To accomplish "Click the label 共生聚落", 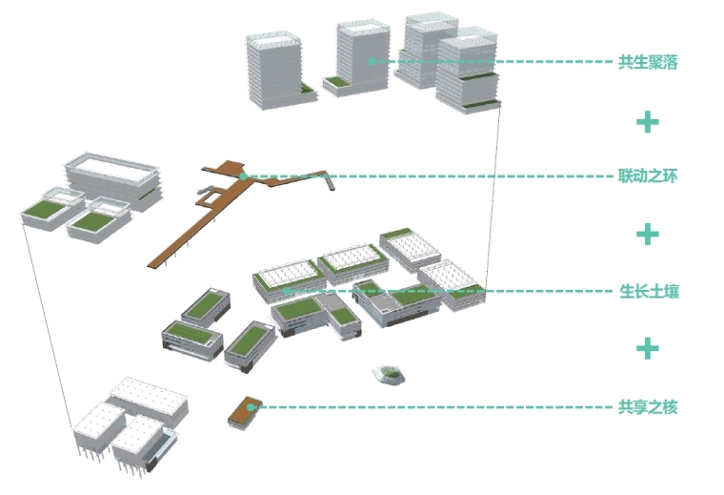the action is (x=648, y=63).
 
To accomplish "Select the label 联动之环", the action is (x=648, y=176).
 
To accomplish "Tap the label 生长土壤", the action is (x=648, y=292).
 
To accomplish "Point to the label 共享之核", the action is (x=648, y=407).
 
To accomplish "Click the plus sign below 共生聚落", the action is (x=648, y=121).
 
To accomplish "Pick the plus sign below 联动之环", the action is (x=648, y=234).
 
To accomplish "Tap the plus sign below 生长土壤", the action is (x=648, y=348).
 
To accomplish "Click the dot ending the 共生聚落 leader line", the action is (x=371, y=61).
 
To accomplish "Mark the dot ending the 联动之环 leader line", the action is (x=244, y=176).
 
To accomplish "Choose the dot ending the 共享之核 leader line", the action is (x=251, y=407).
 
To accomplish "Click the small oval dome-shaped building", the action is (x=390, y=375).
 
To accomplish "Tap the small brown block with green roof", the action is (x=243, y=410).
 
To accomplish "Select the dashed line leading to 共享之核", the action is (x=429, y=407).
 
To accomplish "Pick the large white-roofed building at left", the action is (x=112, y=177).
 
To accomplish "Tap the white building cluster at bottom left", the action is (x=129, y=424).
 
